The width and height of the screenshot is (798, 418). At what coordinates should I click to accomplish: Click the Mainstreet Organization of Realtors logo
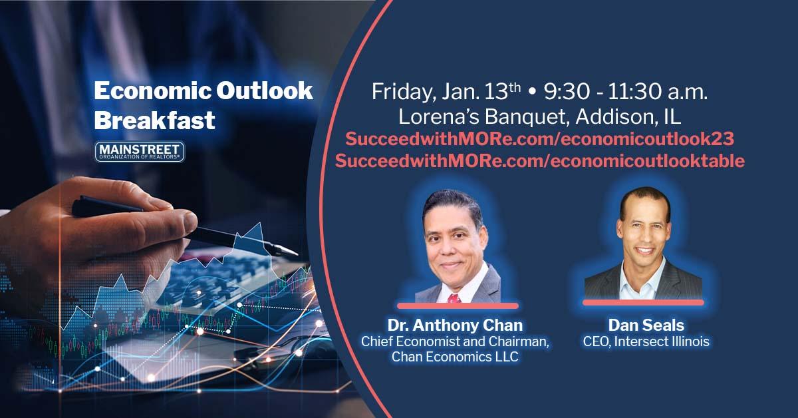click(x=139, y=152)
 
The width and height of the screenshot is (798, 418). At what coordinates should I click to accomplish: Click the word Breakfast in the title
click(x=154, y=120)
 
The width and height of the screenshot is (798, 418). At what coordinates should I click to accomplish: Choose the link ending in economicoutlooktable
click(x=539, y=161)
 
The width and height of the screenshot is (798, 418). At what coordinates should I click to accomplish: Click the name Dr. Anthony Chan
click(x=455, y=325)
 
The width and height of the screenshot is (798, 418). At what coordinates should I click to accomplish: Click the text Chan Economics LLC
click(x=455, y=357)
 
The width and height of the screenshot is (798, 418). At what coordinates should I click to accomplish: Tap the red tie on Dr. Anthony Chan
click(x=455, y=298)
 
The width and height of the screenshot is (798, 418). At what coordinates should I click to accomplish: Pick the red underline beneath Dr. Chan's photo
click(x=458, y=306)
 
